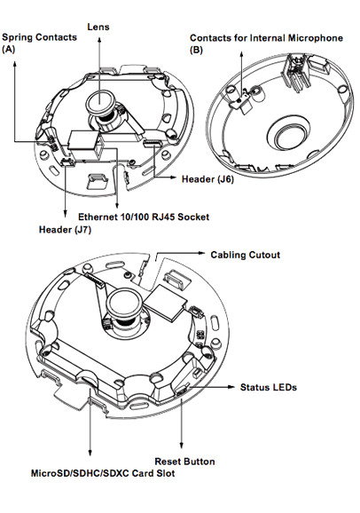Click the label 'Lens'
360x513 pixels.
[98, 27]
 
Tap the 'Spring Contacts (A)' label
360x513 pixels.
[39, 43]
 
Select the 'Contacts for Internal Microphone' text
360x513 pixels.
[266, 38]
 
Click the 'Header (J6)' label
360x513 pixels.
[207, 179]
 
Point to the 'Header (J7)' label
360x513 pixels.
[65, 229]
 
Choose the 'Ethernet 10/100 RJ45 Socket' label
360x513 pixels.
[144, 217]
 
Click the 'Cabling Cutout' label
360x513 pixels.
[246, 255]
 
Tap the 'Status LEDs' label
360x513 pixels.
[269, 387]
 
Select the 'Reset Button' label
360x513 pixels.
[184, 462]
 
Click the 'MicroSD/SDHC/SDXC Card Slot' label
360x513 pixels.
[103, 473]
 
